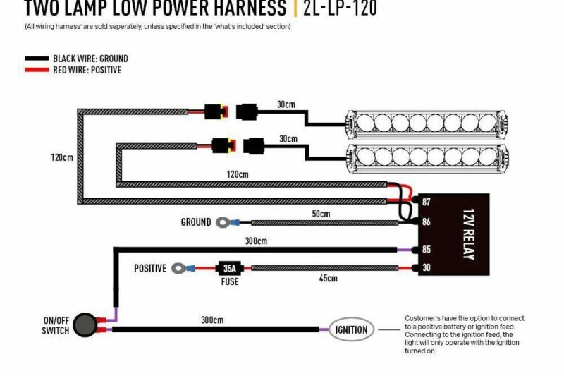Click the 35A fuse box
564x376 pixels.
229,268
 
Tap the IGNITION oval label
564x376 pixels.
352,329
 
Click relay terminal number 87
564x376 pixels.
426,203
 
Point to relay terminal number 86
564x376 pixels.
426,222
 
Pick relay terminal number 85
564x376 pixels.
426,249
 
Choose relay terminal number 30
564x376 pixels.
426,268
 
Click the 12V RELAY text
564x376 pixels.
467,235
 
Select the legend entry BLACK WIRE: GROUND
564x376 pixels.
90,59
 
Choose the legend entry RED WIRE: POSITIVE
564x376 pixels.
87,70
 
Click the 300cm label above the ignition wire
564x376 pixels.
212,320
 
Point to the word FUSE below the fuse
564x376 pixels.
229,281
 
